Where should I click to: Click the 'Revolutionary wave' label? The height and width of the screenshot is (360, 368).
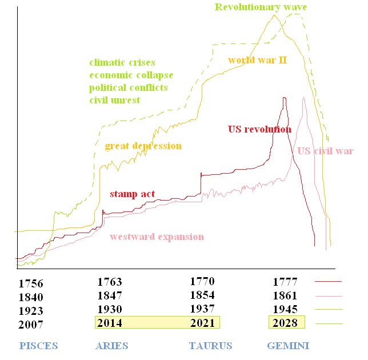click(262, 7)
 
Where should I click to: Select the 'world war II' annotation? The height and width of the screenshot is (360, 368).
click(257, 59)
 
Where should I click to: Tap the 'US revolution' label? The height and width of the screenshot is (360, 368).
click(259, 129)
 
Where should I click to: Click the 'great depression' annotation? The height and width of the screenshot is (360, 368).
click(143, 146)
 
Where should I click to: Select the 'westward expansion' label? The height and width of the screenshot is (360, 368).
click(157, 237)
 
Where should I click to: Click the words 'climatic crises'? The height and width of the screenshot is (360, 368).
click(122, 62)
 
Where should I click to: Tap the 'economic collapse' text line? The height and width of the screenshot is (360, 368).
click(131, 75)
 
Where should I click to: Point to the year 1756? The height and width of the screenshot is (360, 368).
click(31, 283)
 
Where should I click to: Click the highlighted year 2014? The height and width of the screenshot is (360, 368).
click(110, 323)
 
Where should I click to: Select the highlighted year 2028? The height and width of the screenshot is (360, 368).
click(285, 323)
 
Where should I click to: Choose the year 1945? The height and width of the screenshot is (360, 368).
click(285, 309)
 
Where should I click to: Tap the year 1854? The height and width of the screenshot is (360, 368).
click(202, 295)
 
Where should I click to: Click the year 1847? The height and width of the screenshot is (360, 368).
click(110, 295)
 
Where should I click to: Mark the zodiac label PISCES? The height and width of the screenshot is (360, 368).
click(39, 346)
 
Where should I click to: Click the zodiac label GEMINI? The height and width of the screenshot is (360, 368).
click(288, 346)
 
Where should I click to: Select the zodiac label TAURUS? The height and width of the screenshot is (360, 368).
click(210, 346)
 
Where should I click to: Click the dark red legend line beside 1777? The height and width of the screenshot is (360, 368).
click(328, 282)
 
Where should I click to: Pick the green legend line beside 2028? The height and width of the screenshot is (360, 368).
click(328, 323)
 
